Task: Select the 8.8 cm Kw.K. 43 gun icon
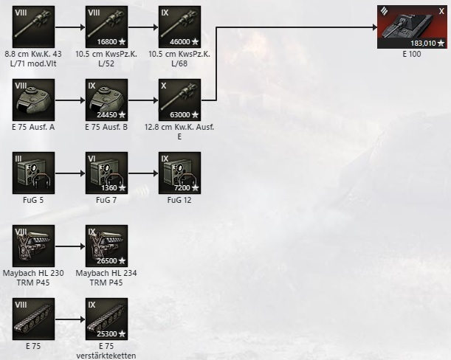tap(33, 27)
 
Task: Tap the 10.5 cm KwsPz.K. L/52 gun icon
tap(106, 27)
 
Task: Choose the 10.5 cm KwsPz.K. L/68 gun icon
tap(179, 27)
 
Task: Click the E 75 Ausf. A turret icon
tap(33, 100)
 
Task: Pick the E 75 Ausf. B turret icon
tap(106, 100)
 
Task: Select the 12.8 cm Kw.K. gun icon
tap(179, 100)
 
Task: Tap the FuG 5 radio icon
tap(33, 173)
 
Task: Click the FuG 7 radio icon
tap(106, 173)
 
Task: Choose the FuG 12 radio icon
tap(179, 173)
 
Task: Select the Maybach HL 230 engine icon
tap(33, 246)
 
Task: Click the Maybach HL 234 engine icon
tap(106, 246)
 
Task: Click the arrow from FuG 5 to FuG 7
tap(70, 173)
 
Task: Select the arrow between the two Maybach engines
tap(70, 246)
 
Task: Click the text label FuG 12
tap(179, 200)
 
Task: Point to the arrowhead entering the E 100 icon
tap(374, 27)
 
